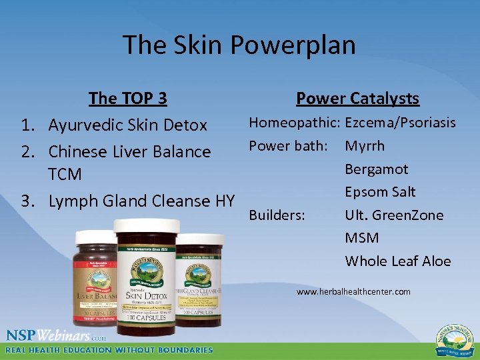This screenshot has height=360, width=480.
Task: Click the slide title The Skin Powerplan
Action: [x=239, y=45]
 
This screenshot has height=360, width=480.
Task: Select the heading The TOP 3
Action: [x=128, y=99]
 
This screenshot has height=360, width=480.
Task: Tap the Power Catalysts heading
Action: [x=357, y=99]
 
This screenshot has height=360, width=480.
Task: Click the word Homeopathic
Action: [x=294, y=123]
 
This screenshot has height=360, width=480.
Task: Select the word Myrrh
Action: [x=365, y=146]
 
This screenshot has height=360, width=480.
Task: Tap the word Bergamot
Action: [x=376, y=169]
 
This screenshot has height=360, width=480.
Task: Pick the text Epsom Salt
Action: [x=380, y=192]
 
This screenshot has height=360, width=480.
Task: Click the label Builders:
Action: [x=277, y=215]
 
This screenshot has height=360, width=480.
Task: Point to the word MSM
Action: [x=361, y=238]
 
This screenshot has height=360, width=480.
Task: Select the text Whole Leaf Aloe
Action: [x=397, y=261]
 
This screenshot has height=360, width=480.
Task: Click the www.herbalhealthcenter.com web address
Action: [x=353, y=292]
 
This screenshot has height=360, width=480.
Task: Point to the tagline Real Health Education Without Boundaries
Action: [x=109, y=350]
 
